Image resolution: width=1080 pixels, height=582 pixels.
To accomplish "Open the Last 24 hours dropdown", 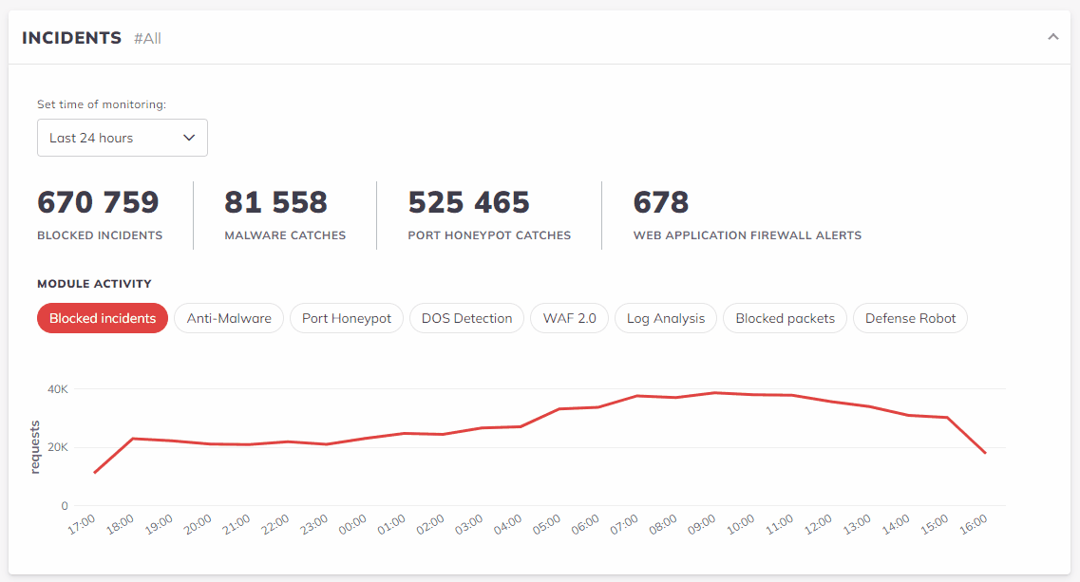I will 122,138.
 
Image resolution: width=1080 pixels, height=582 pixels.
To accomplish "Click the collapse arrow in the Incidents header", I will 1052,37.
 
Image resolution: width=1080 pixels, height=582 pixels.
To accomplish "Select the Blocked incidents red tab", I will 103,318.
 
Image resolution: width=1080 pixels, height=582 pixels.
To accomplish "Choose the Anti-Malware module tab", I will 229,318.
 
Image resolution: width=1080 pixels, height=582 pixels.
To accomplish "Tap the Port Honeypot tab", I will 347,318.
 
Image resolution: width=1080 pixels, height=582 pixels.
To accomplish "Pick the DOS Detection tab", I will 466,318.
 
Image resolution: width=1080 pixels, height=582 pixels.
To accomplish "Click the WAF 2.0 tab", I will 569,318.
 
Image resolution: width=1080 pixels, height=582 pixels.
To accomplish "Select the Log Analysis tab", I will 666,318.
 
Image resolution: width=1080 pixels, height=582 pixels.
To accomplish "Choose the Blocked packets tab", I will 785,318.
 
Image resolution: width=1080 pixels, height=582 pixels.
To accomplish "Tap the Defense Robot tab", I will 910,318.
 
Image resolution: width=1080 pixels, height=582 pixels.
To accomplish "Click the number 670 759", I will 98,202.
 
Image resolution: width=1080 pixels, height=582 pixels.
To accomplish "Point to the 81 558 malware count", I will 275,202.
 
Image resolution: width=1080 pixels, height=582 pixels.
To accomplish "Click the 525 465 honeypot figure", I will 468,202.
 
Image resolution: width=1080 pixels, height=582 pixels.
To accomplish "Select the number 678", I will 661,202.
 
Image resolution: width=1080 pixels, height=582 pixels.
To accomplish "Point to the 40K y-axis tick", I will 58,389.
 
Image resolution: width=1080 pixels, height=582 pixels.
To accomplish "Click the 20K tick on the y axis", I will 58,447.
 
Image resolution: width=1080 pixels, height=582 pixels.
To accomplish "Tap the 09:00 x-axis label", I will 702,525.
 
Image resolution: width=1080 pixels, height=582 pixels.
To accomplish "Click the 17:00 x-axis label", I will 83,525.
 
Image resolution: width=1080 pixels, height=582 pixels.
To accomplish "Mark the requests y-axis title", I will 35,446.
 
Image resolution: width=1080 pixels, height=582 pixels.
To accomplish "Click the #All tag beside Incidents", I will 147,39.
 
